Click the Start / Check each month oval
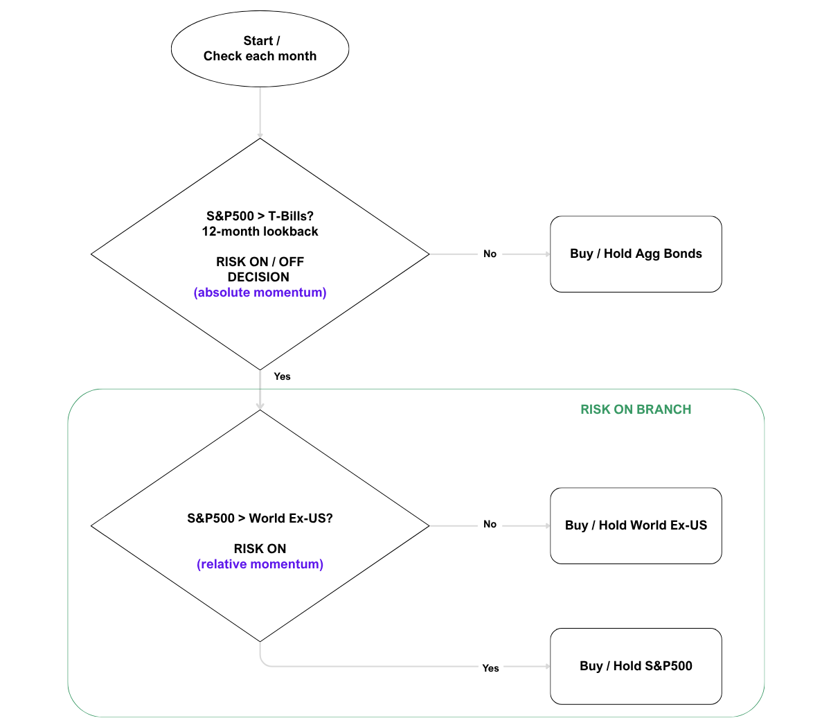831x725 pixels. [260, 49]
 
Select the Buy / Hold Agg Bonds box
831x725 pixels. [636, 254]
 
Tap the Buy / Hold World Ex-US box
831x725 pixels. [636, 525]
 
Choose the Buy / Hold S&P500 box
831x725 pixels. [636, 666]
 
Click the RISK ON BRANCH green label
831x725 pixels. [636, 410]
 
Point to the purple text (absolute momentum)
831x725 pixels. [260, 292]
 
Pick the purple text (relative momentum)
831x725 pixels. [260, 564]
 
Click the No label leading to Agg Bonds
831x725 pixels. [490, 254]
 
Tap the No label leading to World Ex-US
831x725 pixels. [490, 524]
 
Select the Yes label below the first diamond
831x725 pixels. [282, 376]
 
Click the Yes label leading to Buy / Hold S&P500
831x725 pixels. [490, 668]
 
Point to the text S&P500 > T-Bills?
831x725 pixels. [260, 216]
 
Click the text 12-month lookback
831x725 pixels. [260, 232]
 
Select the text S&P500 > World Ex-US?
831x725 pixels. [260, 518]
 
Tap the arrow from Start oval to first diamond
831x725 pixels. [260, 111]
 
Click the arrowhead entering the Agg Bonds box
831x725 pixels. [547, 254]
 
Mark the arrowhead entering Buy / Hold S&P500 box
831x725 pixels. [547, 666]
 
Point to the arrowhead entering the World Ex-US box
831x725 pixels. [547, 526]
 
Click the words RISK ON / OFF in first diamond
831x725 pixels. [260, 262]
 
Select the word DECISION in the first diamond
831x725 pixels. [258, 277]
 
